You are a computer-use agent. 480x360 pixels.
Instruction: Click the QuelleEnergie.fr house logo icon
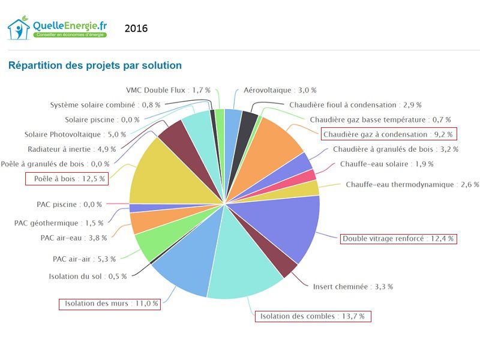point(19,29)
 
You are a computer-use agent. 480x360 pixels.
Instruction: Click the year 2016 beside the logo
point(136,29)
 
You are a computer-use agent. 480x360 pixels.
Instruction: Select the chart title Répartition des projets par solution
point(95,65)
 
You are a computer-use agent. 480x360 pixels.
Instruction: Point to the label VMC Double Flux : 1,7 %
point(168,90)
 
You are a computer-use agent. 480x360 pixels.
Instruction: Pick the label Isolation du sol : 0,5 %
point(79,276)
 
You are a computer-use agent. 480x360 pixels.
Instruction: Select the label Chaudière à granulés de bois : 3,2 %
point(395,149)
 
